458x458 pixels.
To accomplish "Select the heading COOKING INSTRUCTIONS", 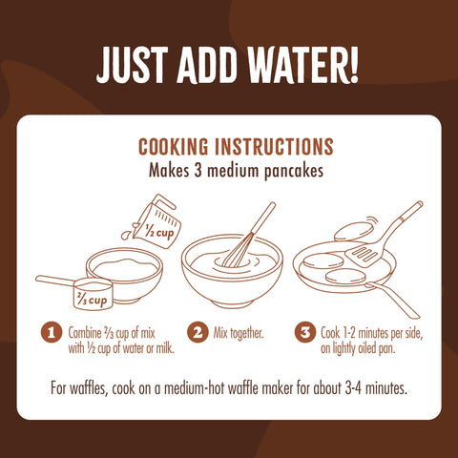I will (x=236, y=147).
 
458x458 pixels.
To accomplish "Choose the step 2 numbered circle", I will (x=198, y=333).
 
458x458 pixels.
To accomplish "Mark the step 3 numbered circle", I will (x=304, y=333).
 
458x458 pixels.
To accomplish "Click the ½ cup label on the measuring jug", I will (x=157, y=230).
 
